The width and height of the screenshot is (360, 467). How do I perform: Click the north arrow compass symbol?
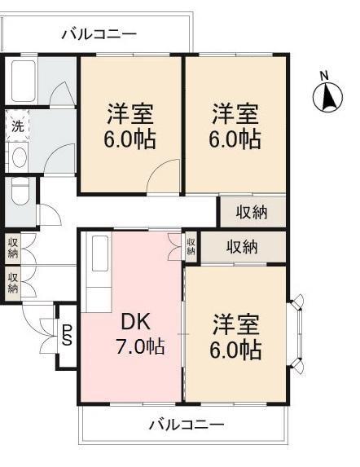click(327, 98)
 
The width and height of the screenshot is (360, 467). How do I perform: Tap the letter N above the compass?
click(323, 77)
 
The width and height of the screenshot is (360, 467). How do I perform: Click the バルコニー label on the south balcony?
click(187, 425)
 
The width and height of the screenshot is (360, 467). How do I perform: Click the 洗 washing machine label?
click(16, 126)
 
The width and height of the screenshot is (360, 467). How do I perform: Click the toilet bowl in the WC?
click(19, 194)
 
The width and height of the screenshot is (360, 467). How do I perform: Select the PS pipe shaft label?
click(68, 334)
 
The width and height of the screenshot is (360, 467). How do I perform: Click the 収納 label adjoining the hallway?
click(252, 211)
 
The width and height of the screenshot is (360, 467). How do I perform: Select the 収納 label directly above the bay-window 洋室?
click(243, 246)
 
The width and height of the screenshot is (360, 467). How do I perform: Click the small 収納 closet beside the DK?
click(191, 246)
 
